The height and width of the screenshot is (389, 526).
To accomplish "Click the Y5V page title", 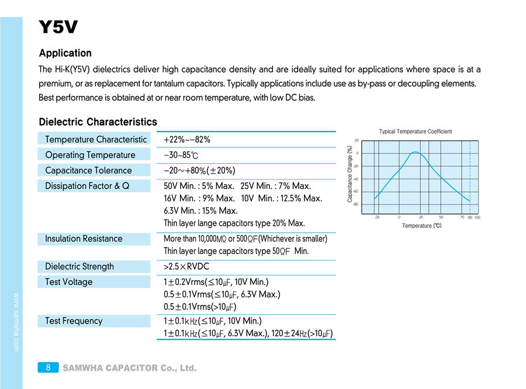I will [x=58, y=27].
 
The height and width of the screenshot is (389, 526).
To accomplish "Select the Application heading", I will [x=65, y=53].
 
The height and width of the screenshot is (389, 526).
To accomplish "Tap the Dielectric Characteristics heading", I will [x=98, y=122].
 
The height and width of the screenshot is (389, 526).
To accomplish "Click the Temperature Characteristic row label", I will [x=96, y=139].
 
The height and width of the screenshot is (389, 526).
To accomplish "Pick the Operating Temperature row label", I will [x=90, y=155].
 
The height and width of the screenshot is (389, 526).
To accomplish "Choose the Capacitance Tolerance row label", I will [x=88, y=170].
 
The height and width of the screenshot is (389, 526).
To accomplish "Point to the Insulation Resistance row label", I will [x=84, y=239].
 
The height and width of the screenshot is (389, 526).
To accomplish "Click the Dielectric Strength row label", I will [x=79, y=266].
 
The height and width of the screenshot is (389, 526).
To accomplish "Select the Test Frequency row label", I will [x=74, y=321].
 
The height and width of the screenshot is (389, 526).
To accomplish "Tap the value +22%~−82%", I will [x=187, y=139].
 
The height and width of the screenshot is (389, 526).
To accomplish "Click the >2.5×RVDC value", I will [x=186, y=266].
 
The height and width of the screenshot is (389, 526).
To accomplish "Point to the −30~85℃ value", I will [x=181, y=155].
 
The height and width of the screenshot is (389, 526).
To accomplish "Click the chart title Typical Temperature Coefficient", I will [x=415, y=132].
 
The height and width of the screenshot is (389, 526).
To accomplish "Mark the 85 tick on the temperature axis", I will [x=470, y=218].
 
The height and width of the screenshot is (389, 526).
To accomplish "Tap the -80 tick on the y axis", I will [x=357, y=204].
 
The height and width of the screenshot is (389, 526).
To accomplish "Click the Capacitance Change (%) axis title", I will [x=349, y=174].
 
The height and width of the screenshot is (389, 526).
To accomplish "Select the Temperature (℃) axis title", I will [x=421, y=225].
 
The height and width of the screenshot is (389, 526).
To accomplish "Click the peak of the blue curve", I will [x=414, y=152].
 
